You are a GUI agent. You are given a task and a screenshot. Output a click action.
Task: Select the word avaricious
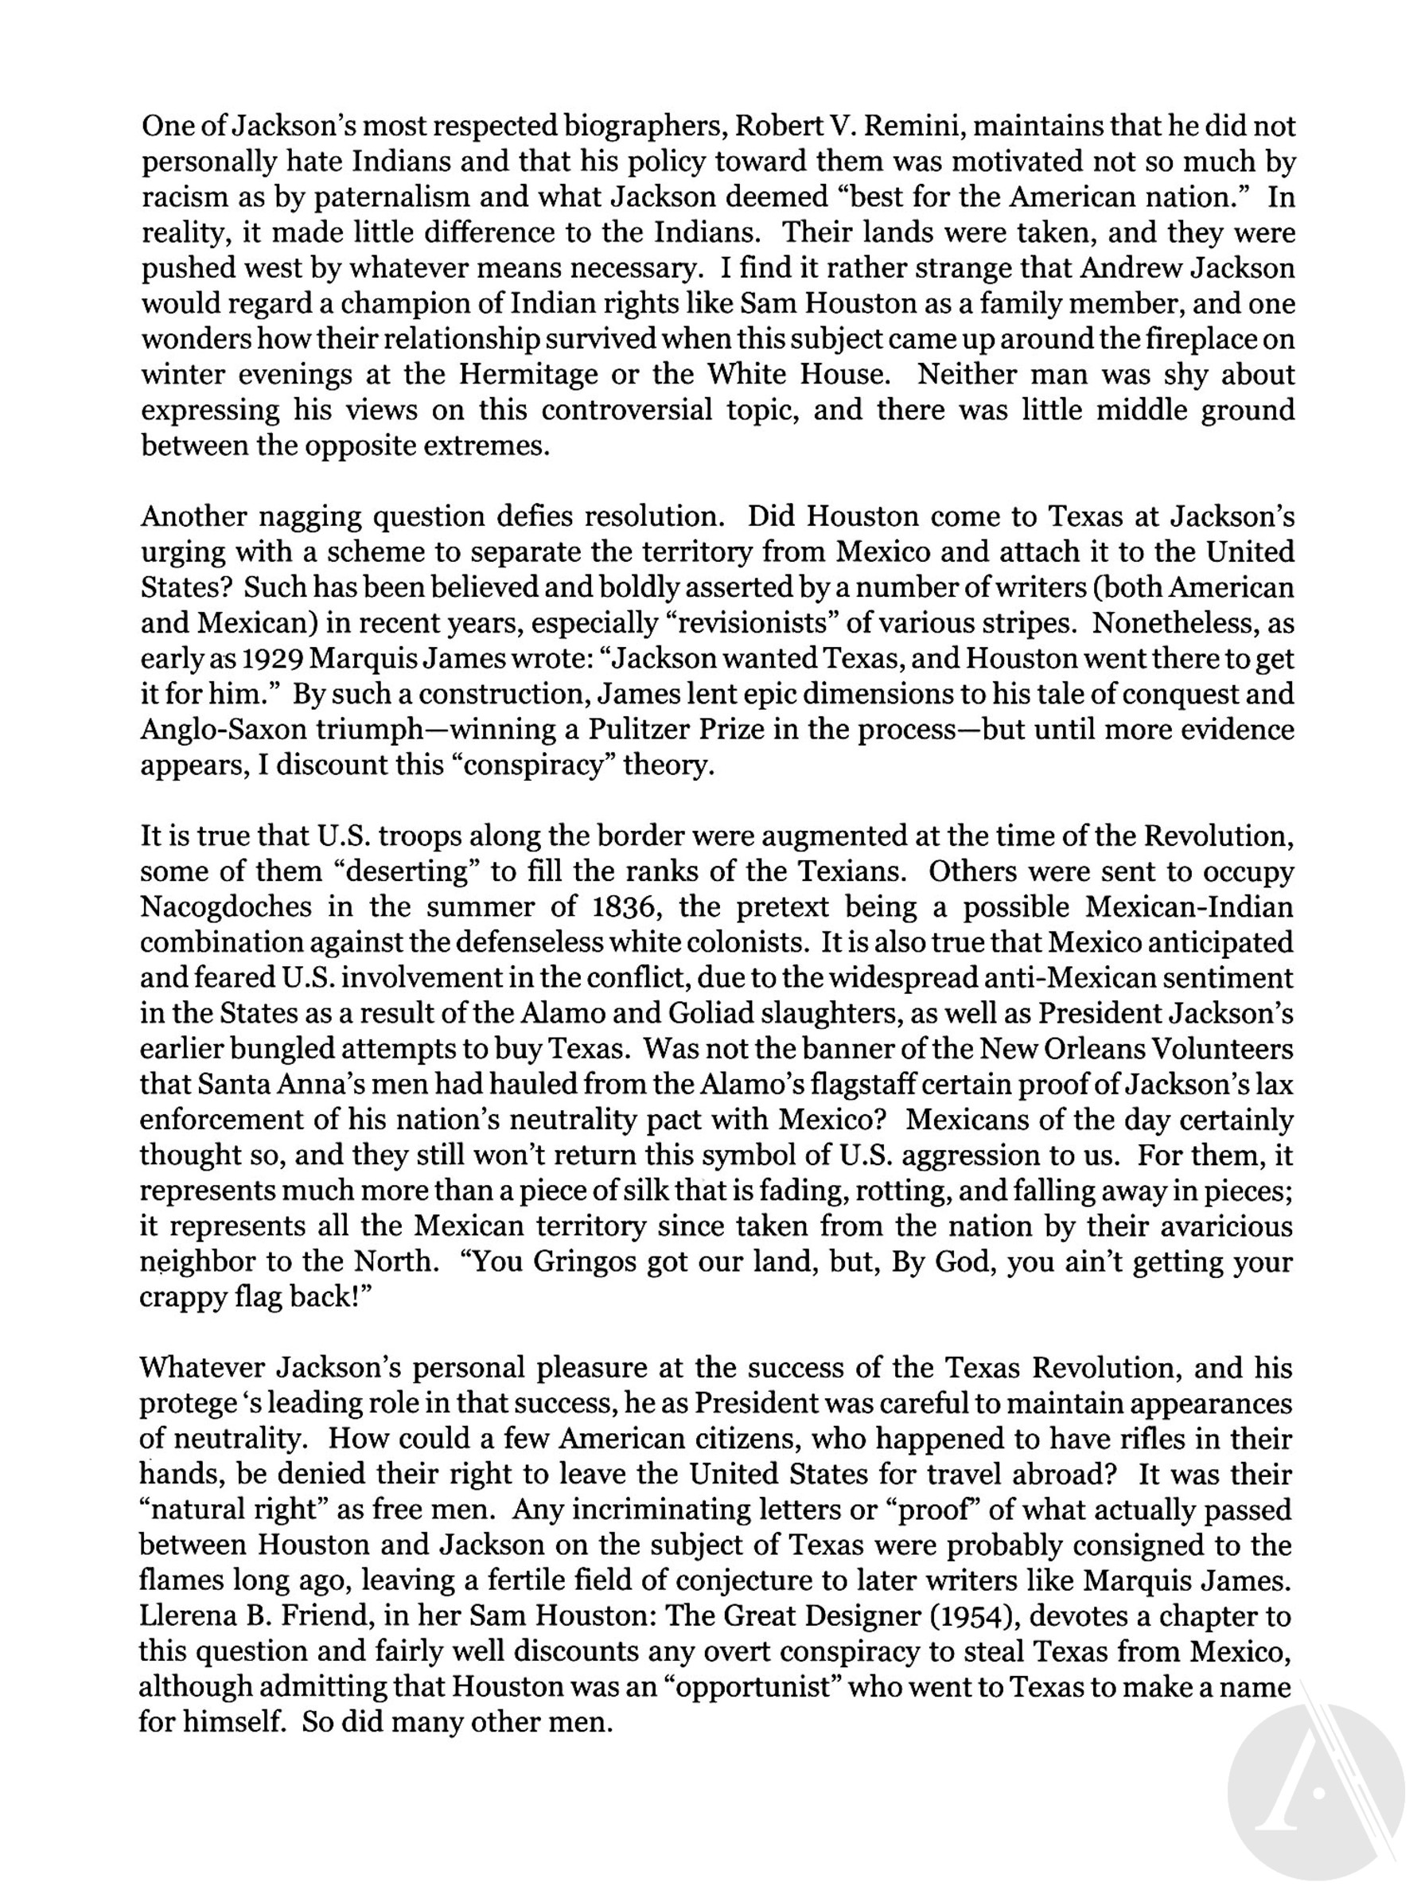pyautogui.click(x=1224, y=1226)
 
